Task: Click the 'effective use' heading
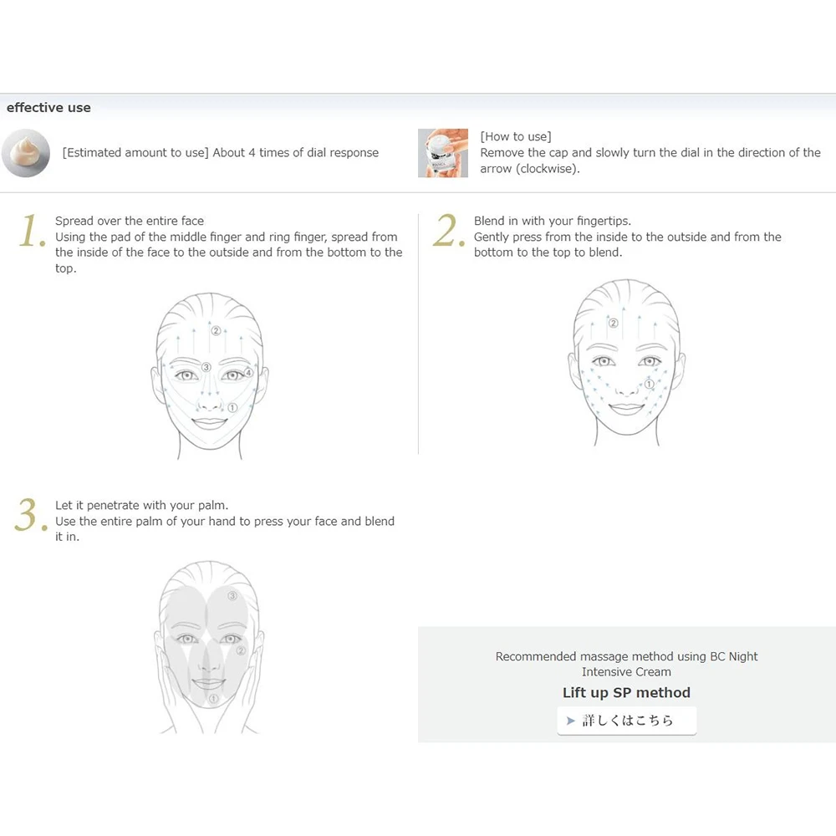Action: [48, 108]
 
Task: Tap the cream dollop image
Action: [26, 153]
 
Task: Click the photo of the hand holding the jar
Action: [443, 153]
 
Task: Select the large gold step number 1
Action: [32, 231]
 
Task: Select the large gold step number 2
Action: [449, 231]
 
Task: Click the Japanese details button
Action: [626, 721]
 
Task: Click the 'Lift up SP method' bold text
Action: [626, 692]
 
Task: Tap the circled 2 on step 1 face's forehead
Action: [216, 330]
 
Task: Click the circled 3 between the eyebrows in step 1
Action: [206, 367]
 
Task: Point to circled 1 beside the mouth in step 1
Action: [232, 408]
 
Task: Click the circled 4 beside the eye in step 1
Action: [248, 372]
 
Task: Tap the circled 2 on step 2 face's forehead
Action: [614, 323]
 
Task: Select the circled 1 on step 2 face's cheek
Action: [649, 384]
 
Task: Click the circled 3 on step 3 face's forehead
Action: [232, 595]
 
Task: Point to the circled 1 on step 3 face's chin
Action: [213, 698]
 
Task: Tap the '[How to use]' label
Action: [516, 136]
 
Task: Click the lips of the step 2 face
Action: [626, 409]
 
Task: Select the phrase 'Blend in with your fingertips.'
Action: [553, 222]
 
